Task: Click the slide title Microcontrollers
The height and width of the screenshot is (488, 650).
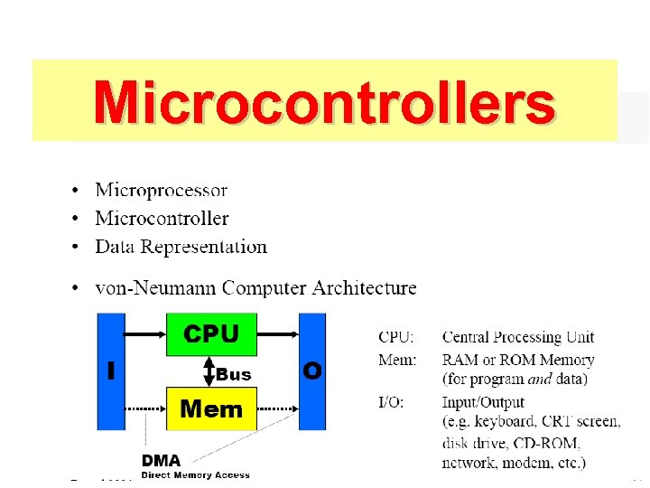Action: pos(324,102)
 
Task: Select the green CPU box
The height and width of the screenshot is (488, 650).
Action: pos(211,334)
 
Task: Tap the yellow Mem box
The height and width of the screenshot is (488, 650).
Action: pos(211,408)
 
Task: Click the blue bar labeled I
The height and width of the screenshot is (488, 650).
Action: pos(111,371)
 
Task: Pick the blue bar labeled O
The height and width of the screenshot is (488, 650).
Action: pos(312,371)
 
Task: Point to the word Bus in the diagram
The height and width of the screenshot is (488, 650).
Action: pos(234,374)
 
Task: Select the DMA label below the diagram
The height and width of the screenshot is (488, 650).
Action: pos(160,460)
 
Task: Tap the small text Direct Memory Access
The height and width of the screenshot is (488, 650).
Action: pos(195,474)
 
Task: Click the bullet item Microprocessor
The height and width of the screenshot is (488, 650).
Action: pos(162,191)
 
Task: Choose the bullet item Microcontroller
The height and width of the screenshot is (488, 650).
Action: pos(162,219)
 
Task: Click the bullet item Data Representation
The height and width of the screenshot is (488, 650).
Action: pos(181,247)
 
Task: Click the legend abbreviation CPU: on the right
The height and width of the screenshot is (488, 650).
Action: pos(396,337)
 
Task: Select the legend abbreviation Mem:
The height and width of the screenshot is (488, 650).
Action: pos(397,361)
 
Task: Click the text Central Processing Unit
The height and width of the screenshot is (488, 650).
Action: pos(518,337)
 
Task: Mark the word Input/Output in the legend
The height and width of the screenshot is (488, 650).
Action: pos(483,402)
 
